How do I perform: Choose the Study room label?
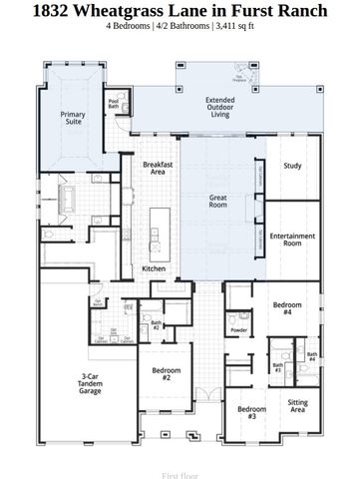click(x=291, y=166)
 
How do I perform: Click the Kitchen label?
click(x=153, y=268)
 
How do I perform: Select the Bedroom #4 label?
click(x=286, y=308)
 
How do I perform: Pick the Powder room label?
click(x=238, y=329)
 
